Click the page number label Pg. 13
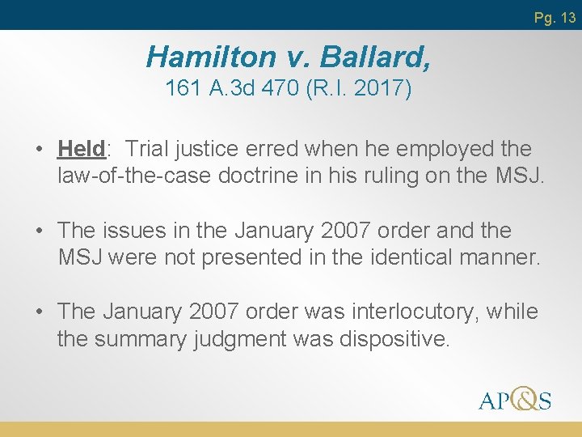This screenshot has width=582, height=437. pyautogui.click(x=555, y=17)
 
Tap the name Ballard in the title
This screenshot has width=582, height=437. pyautogui.click(x=375, y=57)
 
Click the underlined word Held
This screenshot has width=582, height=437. pyautogui.click(x=82, y=149)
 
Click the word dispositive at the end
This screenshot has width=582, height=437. pyautogui.click(x=394, y=338)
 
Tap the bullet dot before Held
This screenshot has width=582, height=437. pyautogui.click(x=39, y=150)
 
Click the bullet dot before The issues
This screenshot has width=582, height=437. pyautogui.click(x=39, y=231)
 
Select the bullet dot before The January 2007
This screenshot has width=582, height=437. pyautogui.click(x=39, y=312)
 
